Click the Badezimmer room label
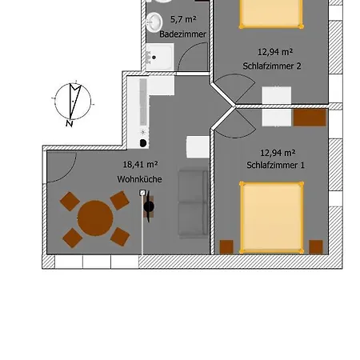[x=182, y=34]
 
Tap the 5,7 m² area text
[x=183, y=19]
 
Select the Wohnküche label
[x=139, y=179]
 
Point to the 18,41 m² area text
[x=140, y=164]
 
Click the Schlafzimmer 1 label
[x=275, y=165]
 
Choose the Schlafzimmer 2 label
[x=272, y=66]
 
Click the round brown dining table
[x=95, y=218]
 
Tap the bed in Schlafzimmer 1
[x=272, y=218]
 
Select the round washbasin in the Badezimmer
[x=154, y=22]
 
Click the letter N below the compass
[x=70, y=123]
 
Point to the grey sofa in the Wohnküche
[x=194, y=202]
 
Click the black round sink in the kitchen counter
[x=143, y=143]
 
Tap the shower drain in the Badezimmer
[x=154, y=58]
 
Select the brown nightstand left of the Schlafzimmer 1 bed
[x=226, y=247]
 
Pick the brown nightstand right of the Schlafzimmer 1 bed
[x=316, y=247]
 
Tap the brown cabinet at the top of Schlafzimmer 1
[x=310, y=118]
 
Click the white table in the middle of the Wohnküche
[x=198, y=147]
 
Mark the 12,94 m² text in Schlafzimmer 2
[x=275, y=52]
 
